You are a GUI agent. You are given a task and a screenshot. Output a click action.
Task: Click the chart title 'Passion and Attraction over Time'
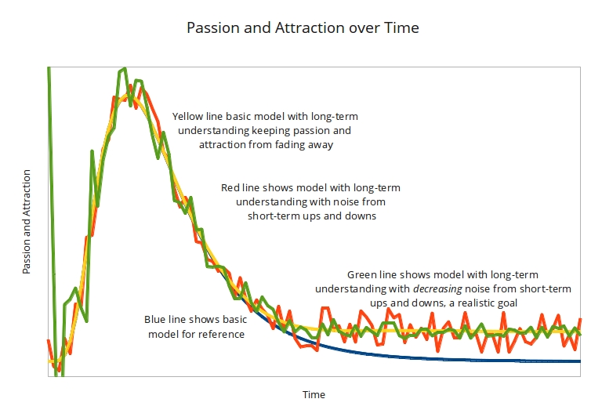point(303,28)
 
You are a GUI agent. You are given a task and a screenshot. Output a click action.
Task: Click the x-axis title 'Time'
point(314,394)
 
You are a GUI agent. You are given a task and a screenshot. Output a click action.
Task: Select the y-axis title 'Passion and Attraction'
point(27,221)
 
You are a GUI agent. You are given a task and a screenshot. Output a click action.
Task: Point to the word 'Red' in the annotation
point(230,188)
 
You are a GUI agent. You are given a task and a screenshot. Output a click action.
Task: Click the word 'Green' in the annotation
point(363,275)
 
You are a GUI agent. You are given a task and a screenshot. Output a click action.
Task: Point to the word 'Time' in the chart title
point(402,28)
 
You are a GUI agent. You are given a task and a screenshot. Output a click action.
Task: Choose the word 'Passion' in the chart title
point(211,28)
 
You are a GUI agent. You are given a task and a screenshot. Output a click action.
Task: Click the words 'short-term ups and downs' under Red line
point(312,216)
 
